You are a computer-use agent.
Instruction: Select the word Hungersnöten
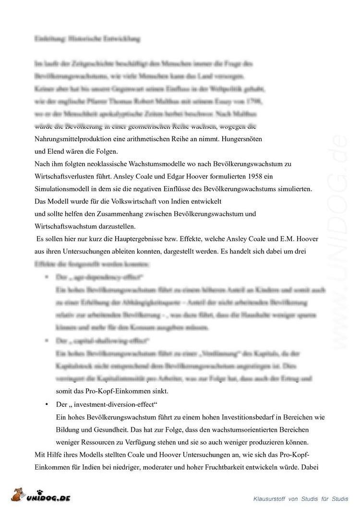point(243,139)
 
